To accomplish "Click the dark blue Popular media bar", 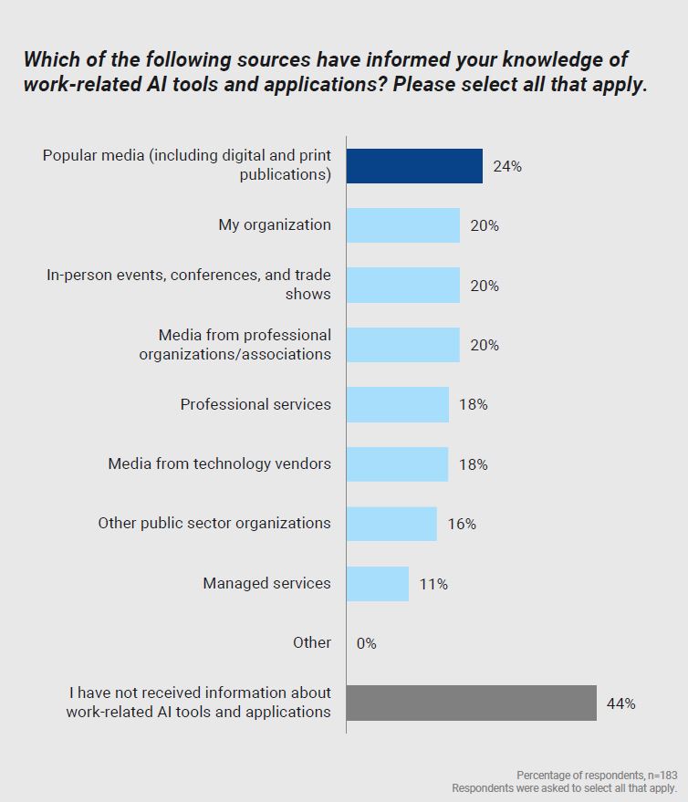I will [414, 166].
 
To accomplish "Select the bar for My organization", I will [402, 225].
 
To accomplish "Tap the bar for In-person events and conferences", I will [402, 285].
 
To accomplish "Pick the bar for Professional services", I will [397, 404].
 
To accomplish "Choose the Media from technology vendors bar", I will [397, 463].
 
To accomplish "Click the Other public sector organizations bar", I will [391, 524].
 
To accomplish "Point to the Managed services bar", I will [378, 583].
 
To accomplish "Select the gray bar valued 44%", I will [471, 703].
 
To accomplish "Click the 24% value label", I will [507, 166].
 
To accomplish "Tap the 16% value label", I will [462, 525].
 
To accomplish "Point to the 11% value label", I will [433, 584].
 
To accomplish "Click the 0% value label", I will [366, 643].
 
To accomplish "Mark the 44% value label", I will [621, 703].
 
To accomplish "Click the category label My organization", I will [275, 224].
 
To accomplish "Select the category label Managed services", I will [266, 583].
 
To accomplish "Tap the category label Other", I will [312, 642].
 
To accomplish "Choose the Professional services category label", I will [255, 404].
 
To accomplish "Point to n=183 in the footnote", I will [660, 774].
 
